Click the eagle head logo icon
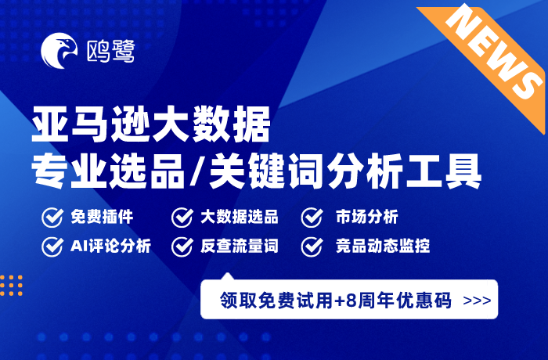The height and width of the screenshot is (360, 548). point(59,51)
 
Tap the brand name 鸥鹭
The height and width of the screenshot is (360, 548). point(111,51)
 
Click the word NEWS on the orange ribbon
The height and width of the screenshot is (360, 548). point(493,52)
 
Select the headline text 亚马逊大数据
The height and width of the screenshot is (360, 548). point(151,124)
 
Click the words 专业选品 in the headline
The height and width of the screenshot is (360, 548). point(108,171)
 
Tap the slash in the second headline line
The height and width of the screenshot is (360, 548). point(196,171)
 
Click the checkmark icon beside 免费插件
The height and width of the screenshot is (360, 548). point(52,218)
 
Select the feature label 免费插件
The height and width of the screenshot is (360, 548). point(102,217)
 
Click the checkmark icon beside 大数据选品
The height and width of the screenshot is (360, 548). point(182,218)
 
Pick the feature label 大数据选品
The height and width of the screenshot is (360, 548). point(240,217)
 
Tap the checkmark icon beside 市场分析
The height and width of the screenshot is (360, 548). point(312,218)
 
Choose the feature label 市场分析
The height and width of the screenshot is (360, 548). point(366,217)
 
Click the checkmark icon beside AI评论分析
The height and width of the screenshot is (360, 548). point(52,247)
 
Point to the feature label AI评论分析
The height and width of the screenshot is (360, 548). point(111,246)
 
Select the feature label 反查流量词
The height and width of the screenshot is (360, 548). point(240,246)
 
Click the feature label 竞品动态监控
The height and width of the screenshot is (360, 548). point(383,246)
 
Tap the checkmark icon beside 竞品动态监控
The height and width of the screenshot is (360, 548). point(312,247)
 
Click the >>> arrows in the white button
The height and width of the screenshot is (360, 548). point(477,301)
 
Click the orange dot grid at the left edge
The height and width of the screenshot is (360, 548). point(11,286)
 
